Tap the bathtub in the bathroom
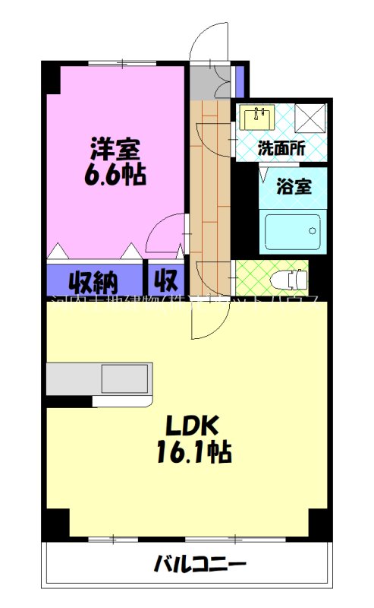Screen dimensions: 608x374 [292, 232]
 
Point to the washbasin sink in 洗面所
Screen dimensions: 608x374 [259, 117]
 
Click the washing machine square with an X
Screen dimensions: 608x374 [310, 119]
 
